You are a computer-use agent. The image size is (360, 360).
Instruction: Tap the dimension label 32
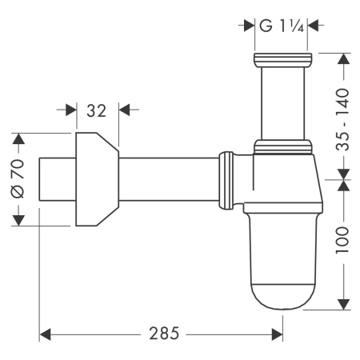[97, 111]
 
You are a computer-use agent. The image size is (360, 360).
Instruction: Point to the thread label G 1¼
[280, 26]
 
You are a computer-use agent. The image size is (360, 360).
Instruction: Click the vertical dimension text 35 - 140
[343, 114]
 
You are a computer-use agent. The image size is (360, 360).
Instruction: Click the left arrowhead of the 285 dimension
[45, 332]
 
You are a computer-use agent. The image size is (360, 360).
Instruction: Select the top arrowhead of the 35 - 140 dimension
[343, 58]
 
